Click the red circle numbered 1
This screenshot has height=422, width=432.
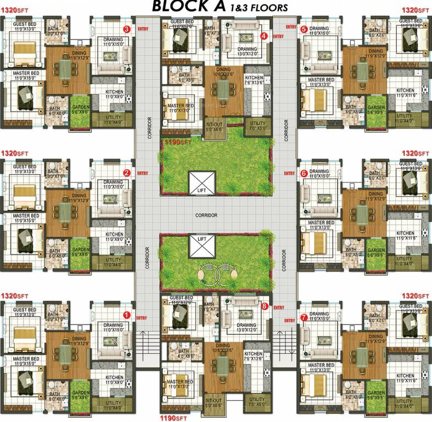(x=126, y=315)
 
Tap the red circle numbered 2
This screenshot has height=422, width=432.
(x=126, y=173)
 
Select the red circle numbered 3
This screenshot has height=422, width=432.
(x=126, y=29)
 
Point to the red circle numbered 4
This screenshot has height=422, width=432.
(x=264, y=36)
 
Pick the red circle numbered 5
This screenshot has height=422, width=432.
(x=304, y=29)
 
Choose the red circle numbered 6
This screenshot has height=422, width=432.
(x=304, y=173)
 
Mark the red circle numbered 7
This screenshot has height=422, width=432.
(x=304, y=317)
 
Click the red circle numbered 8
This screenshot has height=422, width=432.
(x=264, y=306)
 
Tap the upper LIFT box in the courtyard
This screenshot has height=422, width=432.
(x=201, y=183)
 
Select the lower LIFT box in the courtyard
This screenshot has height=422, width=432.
(x=201, y=246)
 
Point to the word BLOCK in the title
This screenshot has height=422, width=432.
(x=179, y=7)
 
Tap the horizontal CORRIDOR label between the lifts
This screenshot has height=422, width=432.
(x=206, y=215)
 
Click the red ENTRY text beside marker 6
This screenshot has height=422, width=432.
(x=289, y=173)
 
